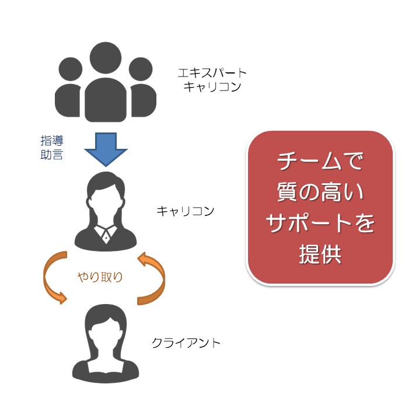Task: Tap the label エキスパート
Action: (x=212, y=73)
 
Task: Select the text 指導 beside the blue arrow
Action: (x=52, y=141)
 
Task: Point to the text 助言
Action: (x=52, y=155)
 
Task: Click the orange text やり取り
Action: (x=100, y=277)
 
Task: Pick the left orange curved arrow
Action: (x=47, y=278)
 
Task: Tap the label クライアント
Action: (x=186, y=343)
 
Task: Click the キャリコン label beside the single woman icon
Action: (x=186, y=211)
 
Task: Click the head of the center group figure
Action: (x=106, y=58)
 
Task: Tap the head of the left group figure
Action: (x=71, y=69)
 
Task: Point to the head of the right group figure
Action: (x=141, y=69)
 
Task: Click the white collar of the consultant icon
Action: (x=106, y=233)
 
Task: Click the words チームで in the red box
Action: (x=320, y=161)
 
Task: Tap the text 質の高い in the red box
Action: (x=320, y=191)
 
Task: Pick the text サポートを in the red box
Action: (x=320, y=222)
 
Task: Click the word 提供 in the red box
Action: (x=320, y=254)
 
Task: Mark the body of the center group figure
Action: (x=106, y=100)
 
